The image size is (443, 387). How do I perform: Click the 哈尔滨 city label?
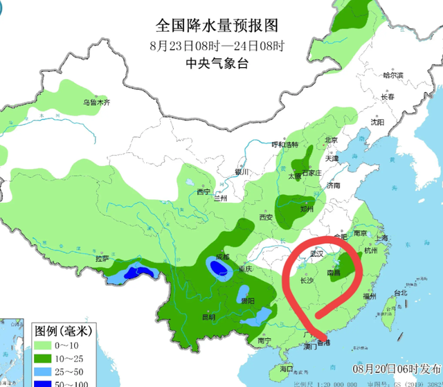[392, 75]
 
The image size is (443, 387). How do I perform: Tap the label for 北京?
[332, 140]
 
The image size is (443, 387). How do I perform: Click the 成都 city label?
[221, 257]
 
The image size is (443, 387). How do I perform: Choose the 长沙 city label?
[307, 281]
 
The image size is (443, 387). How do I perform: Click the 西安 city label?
[266, 217]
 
